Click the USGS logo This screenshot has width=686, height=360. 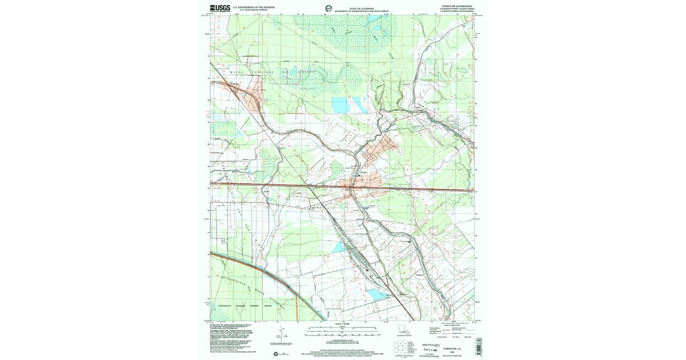(x=221, y=8)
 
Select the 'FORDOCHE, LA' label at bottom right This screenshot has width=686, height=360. (x=447, y=346)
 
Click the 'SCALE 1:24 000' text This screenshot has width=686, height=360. (x=342, y=325)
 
